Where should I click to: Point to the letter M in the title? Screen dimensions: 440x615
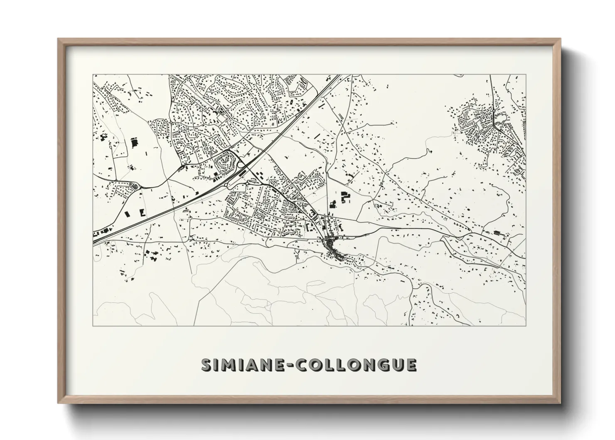click(228, 365)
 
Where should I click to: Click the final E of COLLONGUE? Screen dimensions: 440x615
click(411, 365)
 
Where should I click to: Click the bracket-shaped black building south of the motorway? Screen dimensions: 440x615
click(142, 213)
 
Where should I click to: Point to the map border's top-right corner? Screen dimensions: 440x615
click(525, 75)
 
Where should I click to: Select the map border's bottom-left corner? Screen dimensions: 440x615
click(93, 326)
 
